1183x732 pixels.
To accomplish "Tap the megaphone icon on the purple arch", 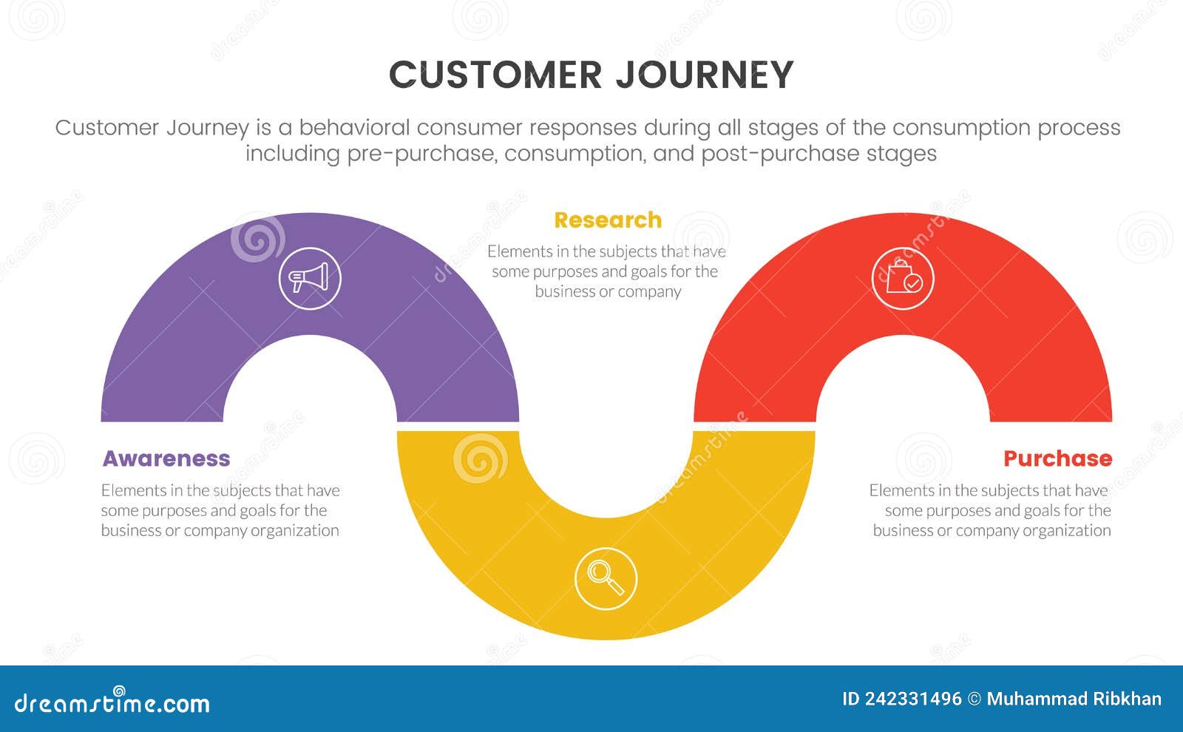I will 309,279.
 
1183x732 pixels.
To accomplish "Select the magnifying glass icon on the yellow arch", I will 606,578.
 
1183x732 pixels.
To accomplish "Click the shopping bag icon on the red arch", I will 902,279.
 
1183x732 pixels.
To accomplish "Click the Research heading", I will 608,220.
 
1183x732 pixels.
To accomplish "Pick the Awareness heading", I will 166,458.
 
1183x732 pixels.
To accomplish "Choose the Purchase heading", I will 1057,458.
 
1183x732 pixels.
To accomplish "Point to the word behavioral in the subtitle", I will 353,128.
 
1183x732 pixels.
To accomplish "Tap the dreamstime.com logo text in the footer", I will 112,702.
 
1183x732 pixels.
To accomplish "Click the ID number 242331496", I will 913,699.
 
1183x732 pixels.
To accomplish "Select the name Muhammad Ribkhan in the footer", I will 1074,699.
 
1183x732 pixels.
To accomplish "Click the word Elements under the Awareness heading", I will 127,490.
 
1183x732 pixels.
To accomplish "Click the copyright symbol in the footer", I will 974,699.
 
